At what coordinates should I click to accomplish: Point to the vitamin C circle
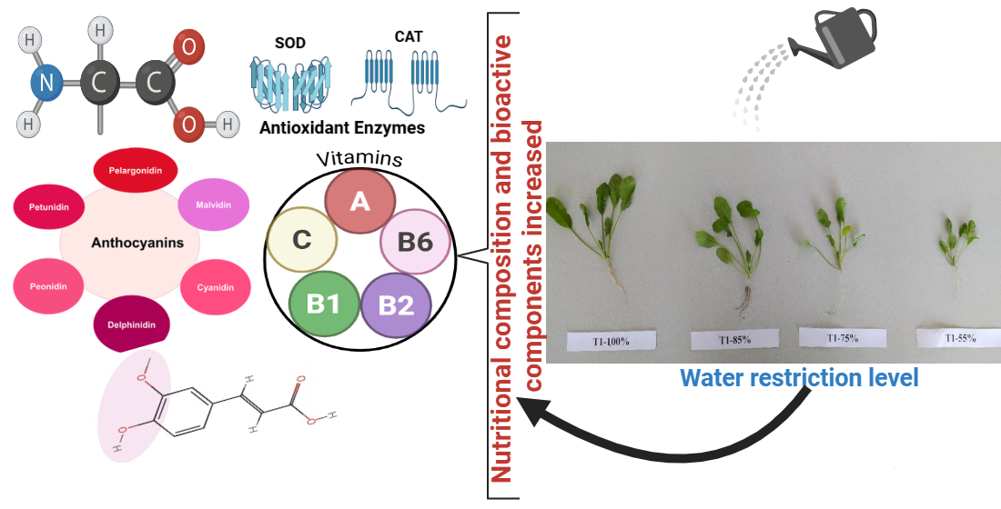(302, 240)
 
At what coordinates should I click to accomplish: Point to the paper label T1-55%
(960, 337)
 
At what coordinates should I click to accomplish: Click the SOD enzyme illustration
(289, 85)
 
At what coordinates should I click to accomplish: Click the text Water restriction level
(799, 377)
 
